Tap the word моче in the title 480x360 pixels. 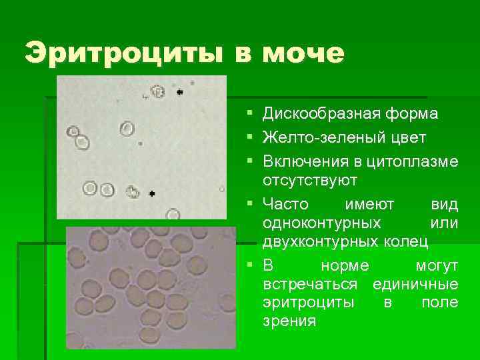pyautogui.click(x=303, y=53)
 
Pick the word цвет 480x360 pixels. pyautogui.click(x=403, y=138)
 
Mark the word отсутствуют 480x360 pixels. pyautogui.click(x=311, y=181)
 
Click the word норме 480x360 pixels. pyautogui.click(x=345, y=266)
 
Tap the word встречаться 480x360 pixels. pyautogui.click(x=313, y=285)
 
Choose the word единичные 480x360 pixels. pyautogui.click(x=416, y=285)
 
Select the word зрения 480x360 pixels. pyautogui.click(x=289, y=321)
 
